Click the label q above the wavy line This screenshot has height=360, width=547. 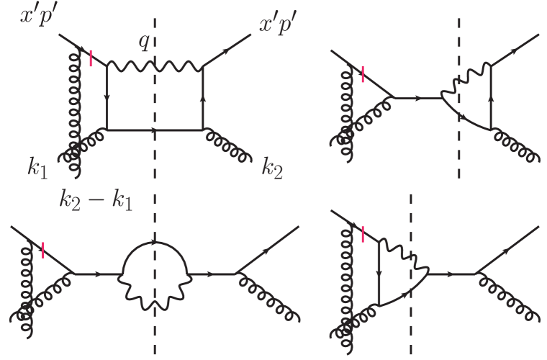144,43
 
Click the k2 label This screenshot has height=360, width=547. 274,171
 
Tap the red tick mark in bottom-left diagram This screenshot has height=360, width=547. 44,250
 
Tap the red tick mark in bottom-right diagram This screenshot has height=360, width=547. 363,233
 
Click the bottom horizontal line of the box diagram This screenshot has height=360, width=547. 180,130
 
